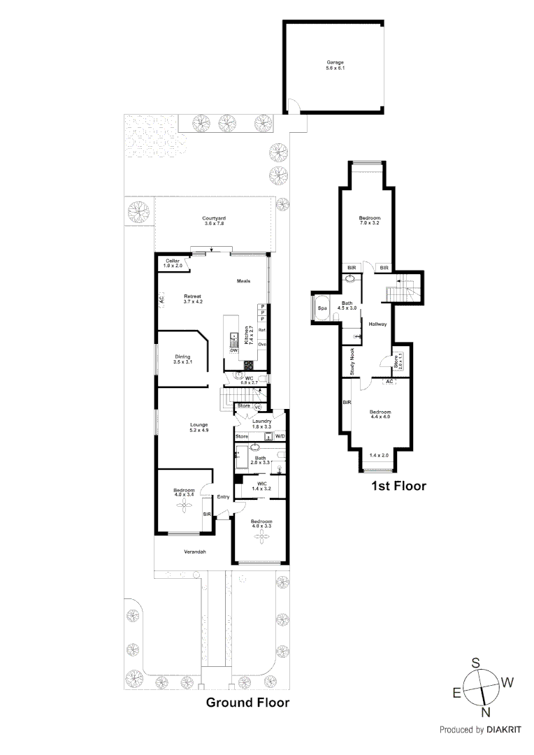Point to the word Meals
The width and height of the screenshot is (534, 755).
coord(243,281)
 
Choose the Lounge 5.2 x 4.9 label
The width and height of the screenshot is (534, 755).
coord(199,427)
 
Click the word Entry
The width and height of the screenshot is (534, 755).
coord(223,497)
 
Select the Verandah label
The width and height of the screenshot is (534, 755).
coord(194,552)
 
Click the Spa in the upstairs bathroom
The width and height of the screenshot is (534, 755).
coord(323,308)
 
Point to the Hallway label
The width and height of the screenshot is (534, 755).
coord(377,324)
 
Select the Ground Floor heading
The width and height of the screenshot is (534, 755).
coord(247,703)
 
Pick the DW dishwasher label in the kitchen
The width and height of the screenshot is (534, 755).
coord(234,350)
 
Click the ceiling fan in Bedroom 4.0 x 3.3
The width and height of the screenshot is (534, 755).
coord(261,535)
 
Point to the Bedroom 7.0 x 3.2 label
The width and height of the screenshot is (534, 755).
coord(368,219)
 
